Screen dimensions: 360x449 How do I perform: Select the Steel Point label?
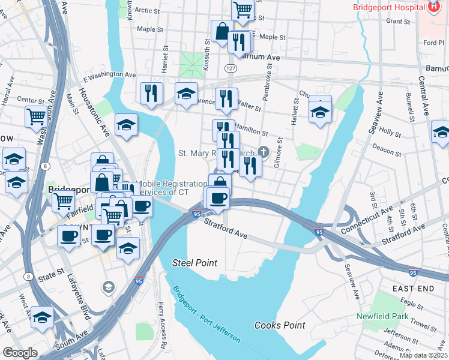(x=194, y=263)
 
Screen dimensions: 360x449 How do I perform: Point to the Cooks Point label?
(x=280, y=325)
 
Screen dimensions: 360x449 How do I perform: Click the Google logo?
(x=20, y=353)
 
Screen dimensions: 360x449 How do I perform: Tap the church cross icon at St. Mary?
(x=263, y=151)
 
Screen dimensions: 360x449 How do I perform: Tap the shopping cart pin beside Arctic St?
(x=243, y=8)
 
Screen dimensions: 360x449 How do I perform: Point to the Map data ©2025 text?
(x=423, y=355)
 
